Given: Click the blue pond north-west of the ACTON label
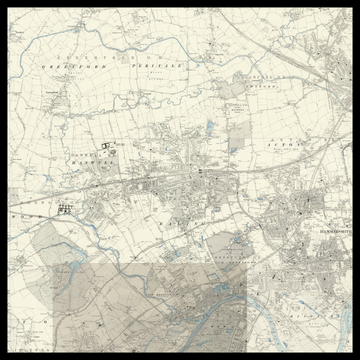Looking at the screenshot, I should (x=209, y=127).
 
